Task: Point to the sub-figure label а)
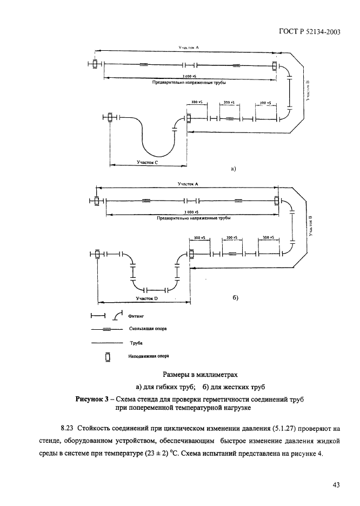[234, 168]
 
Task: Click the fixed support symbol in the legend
[107, 357]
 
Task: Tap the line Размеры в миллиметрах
[200, 374]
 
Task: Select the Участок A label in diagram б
[189, 184]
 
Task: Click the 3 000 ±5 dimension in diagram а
[189, 77]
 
